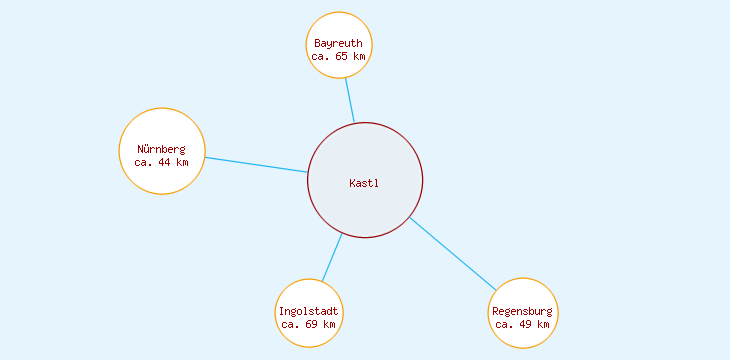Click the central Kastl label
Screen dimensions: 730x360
(x=364, y=183)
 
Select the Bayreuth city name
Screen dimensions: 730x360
(x=338, y=44)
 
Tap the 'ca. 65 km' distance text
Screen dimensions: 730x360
(x=338, y=57)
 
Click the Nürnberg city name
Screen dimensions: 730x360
(x=161, y=149)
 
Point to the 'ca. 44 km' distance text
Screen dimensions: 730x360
(x=161, y=161)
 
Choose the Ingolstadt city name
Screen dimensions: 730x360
(x=309, y=312)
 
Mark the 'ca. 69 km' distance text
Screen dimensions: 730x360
(x=309, y=324)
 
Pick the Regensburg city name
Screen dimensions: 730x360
(x=522, y=312)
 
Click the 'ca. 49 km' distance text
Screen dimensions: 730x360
(x=522, y=324)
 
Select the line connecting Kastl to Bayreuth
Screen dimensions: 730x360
(x=349, y=100)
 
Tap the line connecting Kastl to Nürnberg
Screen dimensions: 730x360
(x=255, y=165)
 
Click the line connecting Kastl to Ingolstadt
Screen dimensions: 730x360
(x=331, y=257)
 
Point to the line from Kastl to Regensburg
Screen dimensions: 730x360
(x=452, y=253)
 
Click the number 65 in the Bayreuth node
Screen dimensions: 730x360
(x=342, y=57)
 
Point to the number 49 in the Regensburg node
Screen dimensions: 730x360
(x=526, y=324)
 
